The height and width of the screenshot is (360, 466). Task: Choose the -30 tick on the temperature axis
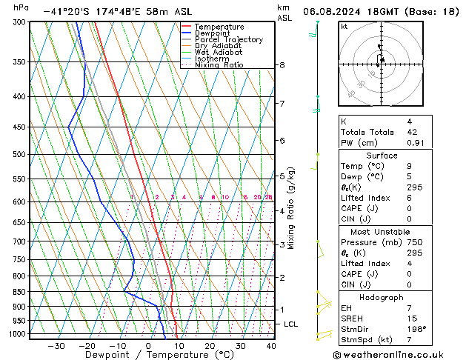coord(56,346)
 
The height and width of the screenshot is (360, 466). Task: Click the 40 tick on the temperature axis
coord(271,346)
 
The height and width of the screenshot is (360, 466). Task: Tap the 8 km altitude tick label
coord(282,65)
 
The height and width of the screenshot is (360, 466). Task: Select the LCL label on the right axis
coord(291,324)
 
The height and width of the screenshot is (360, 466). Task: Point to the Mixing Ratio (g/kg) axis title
coord(291,208)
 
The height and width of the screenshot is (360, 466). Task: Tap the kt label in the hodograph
coord(344,27)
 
